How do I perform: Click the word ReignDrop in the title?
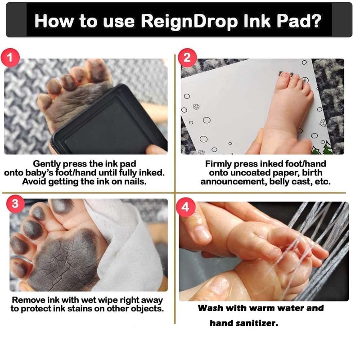tap(189, 22)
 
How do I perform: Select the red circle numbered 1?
tap(10, 58)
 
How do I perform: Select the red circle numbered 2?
tap(187, 58)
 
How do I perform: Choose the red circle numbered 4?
tap(185, 207)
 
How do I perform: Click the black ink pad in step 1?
tap(110, 122)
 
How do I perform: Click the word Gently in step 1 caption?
tap(47, 164)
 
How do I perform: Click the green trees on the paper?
tap(322, 148)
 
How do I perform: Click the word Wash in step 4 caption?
tap(209, 308)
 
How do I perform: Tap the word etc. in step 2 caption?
tap(323, 182)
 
